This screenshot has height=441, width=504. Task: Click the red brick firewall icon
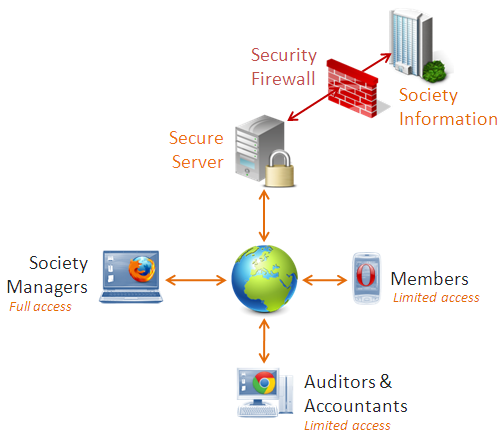pos(352,88)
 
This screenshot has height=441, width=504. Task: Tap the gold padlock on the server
pos(280,169)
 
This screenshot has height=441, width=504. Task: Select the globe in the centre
pos(264,279)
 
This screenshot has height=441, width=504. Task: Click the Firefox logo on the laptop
pos(142,269)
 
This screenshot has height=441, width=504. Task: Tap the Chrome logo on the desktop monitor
pos(264,383)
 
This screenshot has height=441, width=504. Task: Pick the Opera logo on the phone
pos(366,275)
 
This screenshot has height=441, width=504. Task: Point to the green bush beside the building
pos(434,71)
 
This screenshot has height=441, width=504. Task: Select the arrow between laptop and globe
pos(196,280)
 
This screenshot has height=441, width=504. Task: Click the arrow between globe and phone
pos(325,280)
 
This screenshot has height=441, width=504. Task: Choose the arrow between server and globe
pos(264,216)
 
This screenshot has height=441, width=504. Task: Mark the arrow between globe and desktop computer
pos(264,341)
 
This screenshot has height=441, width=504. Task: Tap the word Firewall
pos(283,79)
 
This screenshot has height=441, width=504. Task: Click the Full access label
pos(40,307)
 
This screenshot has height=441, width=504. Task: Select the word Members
pos(429,279)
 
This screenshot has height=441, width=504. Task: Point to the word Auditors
pos(340,382)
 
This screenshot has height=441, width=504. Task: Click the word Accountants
pos(356,406)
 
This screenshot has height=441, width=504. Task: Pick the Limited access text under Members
pos(436,297)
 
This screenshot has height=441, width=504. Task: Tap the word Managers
pos(47,287)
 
